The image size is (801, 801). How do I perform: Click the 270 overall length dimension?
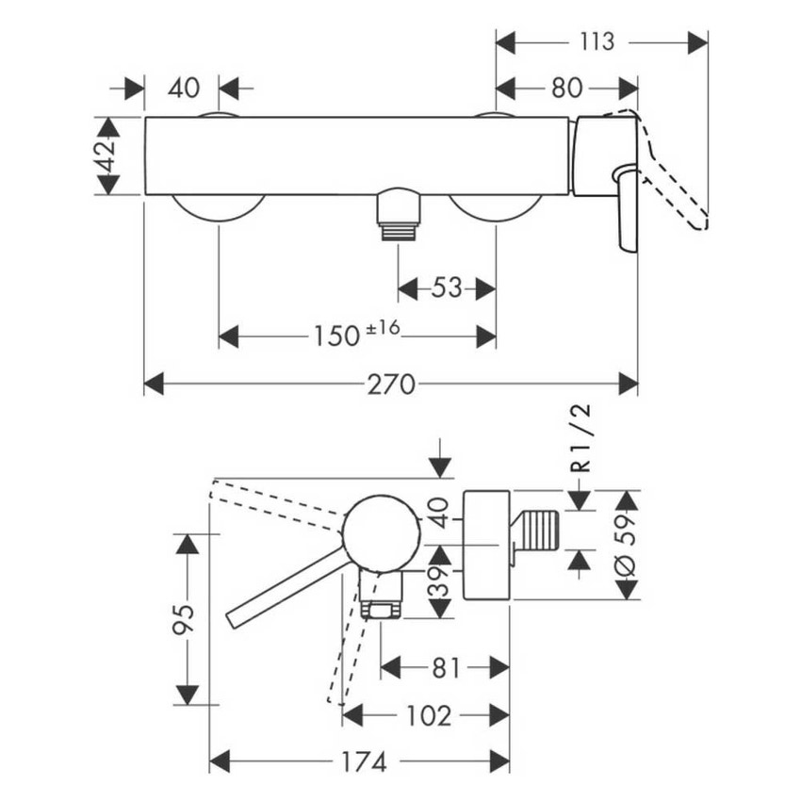click(x=391, y=384)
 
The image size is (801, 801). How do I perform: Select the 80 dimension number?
click(x=565, y=89)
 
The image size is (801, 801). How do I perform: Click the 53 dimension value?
click(x=447, y=286)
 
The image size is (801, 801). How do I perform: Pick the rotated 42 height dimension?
click(x=106, y=155)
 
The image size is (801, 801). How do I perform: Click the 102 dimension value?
click(x=427, y=715)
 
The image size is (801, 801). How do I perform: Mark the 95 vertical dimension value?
click(x=186, y=619)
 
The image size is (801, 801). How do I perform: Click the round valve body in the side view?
click(x=380, y=532)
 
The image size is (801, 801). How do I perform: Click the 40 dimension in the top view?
click(x=184, y=89)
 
